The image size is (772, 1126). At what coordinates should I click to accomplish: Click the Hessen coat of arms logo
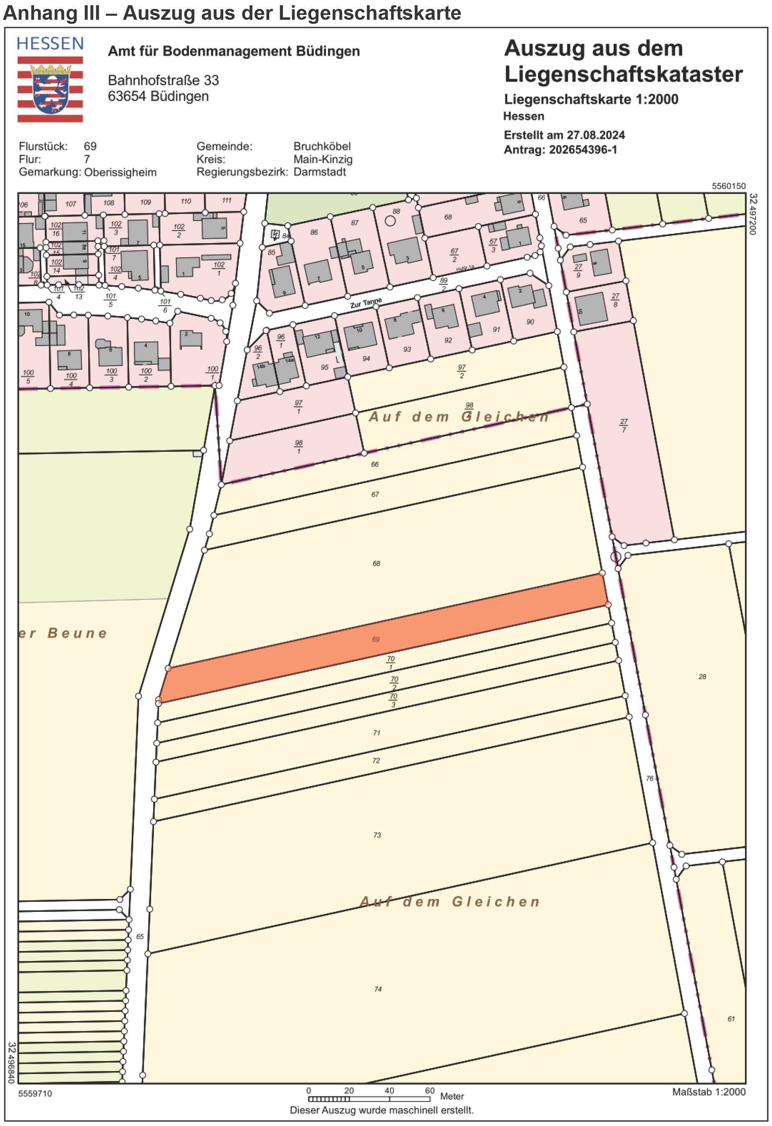50,89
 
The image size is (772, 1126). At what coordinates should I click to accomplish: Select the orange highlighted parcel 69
382,638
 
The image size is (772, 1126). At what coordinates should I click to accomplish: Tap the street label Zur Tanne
366,303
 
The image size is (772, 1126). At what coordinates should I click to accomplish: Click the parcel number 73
377,835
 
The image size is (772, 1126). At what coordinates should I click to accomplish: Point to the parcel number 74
378,989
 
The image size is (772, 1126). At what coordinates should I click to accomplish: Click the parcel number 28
702,676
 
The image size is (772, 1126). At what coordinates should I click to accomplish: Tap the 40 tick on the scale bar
389,1091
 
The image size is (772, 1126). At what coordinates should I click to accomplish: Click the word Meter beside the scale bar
452,1097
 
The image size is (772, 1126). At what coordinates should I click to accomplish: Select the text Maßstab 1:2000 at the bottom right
709,1092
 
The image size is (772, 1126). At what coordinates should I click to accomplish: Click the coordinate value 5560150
728,186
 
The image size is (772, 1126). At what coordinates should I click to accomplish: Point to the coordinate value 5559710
35,1094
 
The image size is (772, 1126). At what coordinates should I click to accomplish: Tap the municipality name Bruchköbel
322,146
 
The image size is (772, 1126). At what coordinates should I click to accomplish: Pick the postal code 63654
127,96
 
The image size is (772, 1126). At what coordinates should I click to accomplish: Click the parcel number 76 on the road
650,778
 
